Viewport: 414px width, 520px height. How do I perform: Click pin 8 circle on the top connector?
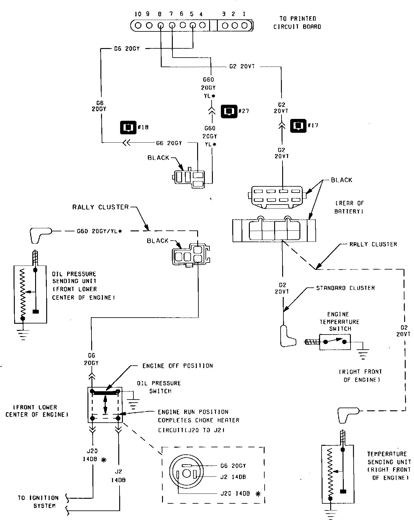coord(160,26)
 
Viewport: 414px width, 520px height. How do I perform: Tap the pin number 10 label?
coord(138,14)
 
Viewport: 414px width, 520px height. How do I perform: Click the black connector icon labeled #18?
coord(128,127)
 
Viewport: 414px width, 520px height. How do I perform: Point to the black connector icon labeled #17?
coord(298,125)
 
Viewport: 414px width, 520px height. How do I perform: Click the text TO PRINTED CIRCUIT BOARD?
coord(297,22)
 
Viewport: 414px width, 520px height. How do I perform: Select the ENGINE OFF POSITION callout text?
coord(177,366)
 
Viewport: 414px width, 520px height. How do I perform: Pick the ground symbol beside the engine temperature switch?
coord(363,353)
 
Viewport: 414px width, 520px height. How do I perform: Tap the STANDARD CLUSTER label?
coord(345,288)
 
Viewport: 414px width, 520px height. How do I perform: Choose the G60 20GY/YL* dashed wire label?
coord(99,230)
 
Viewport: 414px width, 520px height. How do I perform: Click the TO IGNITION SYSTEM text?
coord(38,502)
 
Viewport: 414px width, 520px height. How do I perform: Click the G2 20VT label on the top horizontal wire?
coord(242,66)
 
